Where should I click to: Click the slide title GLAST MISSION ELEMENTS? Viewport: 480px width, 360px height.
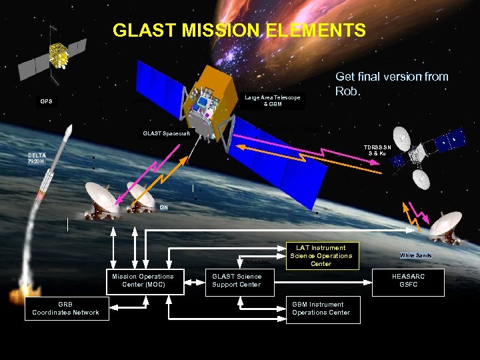click(239, 31)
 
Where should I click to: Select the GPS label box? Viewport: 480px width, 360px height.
click(47, 102)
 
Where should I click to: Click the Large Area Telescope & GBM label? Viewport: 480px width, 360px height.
click(272, 101)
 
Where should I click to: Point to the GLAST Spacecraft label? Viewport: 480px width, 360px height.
click(167, 134)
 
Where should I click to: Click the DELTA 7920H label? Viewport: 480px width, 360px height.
click(38, 158)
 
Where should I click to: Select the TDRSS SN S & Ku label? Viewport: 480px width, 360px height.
click(377, 150)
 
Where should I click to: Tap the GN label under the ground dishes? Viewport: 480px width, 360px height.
click(163, 207)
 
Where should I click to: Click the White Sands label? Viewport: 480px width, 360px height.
click(415, 255)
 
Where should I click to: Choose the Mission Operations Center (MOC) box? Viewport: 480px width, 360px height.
click(143, 281)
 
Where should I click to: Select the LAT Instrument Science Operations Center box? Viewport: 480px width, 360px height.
click(321, 256)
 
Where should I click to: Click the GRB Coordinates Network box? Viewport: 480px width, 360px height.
click(65, 309)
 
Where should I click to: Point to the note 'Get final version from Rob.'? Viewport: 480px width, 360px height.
click(391, 83)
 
